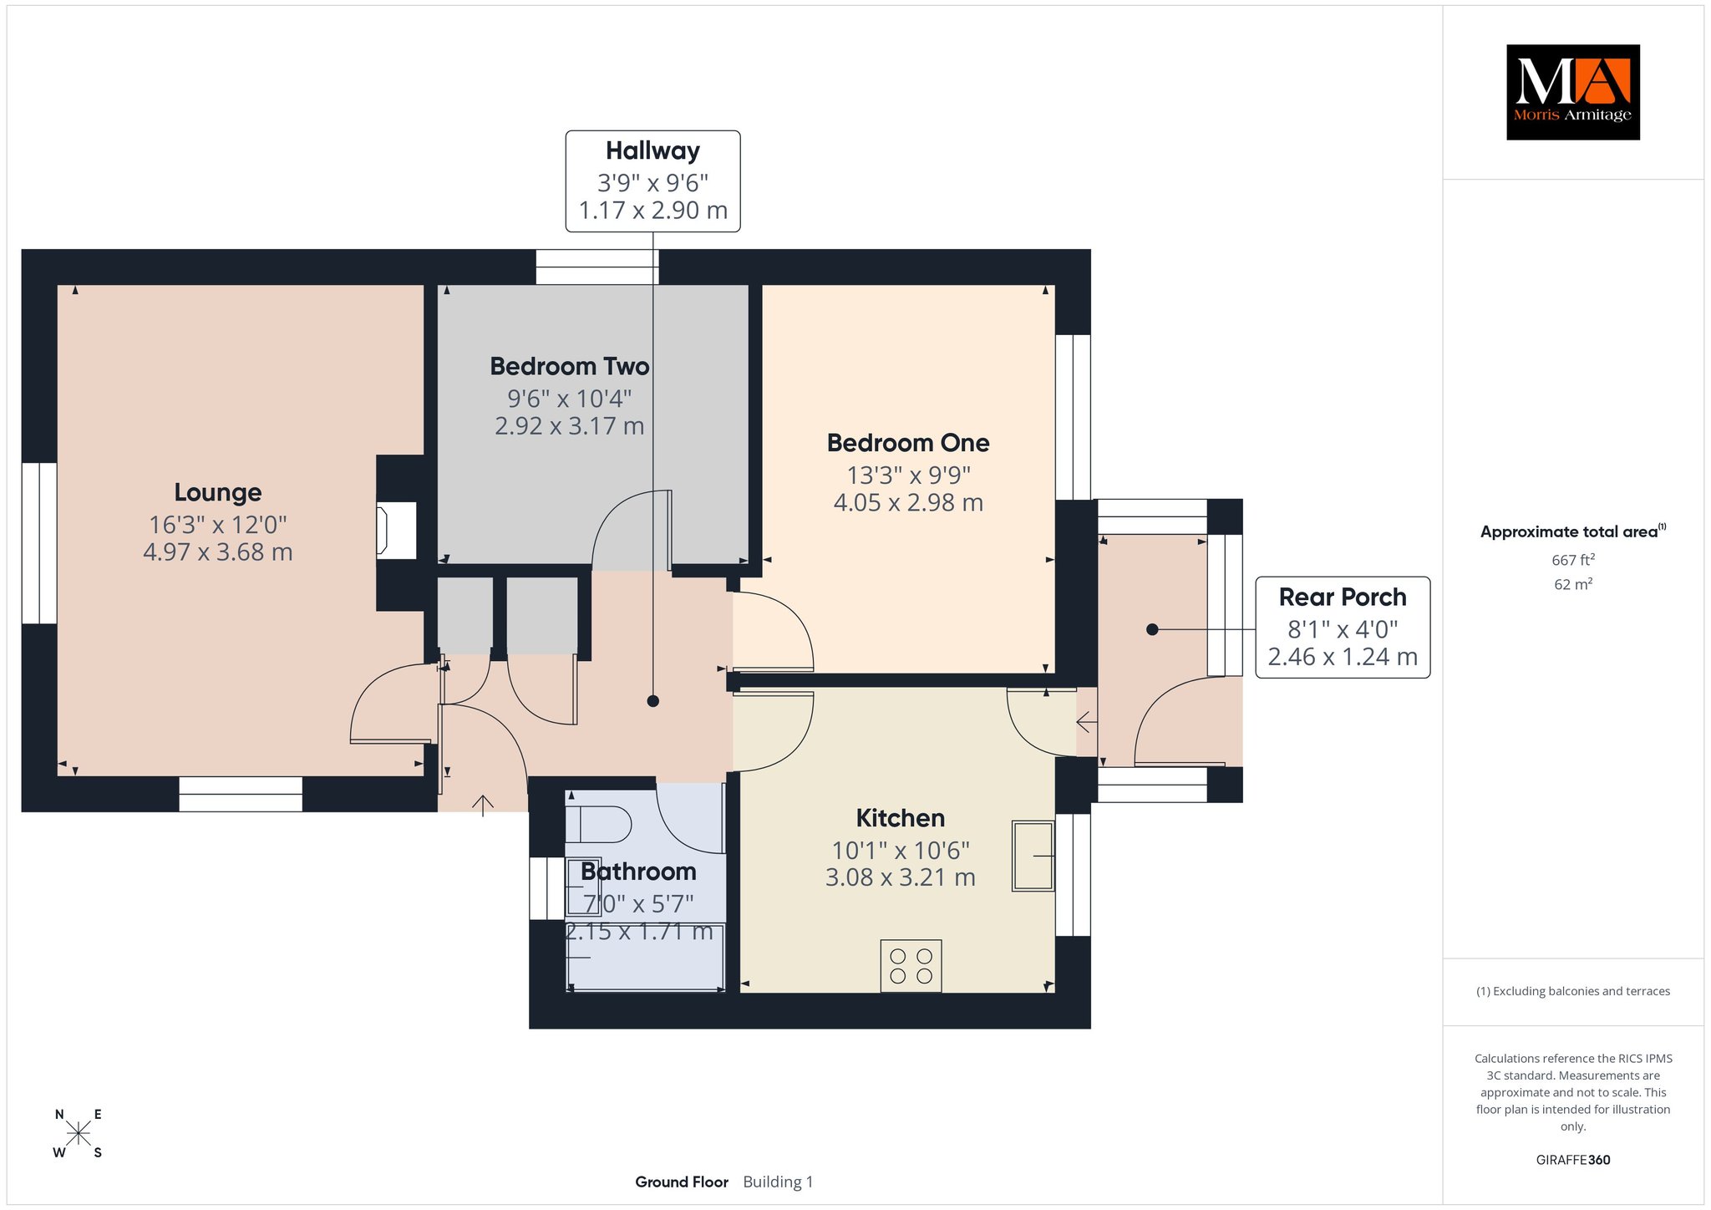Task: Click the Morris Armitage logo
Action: [x=1572, y=92]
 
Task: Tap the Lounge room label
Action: [x=218, y=492]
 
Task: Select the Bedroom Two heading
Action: [x=570, y=366]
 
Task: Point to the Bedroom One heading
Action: [x=908, y=443]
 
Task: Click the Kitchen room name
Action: [x=901, y=817]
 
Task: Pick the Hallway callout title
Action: [x=652, y=150]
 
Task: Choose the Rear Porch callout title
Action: [x=1343, y=597]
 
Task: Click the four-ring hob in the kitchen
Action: [x=911, y=966]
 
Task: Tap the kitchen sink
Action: [x=1033, y=856]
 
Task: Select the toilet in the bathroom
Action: [x=598, y=824]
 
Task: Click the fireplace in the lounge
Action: [x=396, y=530]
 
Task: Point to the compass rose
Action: [x=79, y=1133]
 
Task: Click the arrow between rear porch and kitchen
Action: [x=1086, y=721]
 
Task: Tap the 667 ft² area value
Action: [x=1573, y=560]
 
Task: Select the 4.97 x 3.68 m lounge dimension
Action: [x=218, y=552]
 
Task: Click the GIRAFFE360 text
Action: [x=1573, y=1160]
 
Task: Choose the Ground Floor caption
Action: [x=682, y=1182]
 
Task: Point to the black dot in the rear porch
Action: [x=1152, y=629]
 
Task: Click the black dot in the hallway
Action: [x=653, y=701]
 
